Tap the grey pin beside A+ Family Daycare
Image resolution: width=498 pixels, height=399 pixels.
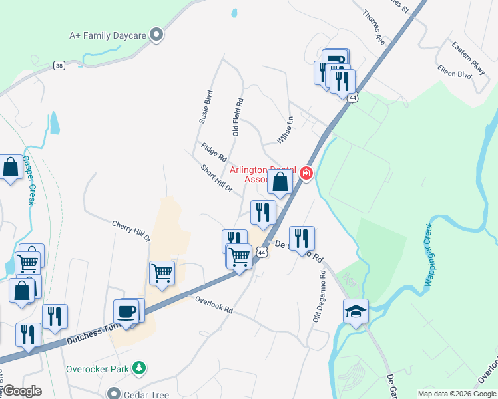coord(157,34)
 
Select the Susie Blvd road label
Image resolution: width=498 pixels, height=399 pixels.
coord(206,107)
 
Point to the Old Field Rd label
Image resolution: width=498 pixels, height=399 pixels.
coord(238,118)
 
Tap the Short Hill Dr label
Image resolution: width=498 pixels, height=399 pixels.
coord(216,178)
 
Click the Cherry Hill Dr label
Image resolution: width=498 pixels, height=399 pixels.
coord(131,231)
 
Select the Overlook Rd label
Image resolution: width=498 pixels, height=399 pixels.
coord(214,305)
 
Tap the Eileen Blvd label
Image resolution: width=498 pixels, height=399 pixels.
coord(454,72)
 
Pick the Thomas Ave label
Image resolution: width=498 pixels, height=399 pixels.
coord(373,26)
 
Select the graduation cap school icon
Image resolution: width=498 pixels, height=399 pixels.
coord(356,311)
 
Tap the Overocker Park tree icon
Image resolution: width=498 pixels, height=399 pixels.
coord(138,368)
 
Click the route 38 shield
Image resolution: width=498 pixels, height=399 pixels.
coord(60,66)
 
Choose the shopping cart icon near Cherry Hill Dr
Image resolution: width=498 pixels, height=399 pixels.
coord(162,272)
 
